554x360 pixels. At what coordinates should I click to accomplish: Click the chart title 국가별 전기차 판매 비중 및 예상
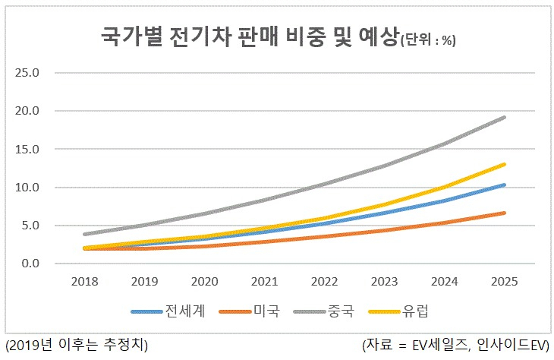250,36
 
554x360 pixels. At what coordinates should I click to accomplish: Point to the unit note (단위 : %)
428,40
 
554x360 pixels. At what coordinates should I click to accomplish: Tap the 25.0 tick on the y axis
27,73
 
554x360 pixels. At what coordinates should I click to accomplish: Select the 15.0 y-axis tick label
27,149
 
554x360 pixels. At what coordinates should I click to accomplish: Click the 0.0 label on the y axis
30,264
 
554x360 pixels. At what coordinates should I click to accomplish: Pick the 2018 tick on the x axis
84,282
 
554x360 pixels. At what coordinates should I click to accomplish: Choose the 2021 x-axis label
264,282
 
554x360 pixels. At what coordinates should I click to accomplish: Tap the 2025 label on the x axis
504,282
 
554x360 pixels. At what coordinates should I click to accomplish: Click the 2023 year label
385,282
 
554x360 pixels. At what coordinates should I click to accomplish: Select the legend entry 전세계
168,311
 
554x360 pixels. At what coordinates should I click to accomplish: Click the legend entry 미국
250,311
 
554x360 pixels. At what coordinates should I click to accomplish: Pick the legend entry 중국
324,311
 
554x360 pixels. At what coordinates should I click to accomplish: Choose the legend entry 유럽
398,311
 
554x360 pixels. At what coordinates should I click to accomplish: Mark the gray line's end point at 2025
504,118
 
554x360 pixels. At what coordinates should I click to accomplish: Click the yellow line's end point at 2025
504,165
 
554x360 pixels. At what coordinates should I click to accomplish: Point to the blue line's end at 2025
504,185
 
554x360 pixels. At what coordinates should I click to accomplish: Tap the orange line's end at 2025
504,213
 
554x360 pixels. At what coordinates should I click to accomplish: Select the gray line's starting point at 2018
85,234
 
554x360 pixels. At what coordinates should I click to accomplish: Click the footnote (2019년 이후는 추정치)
77,345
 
